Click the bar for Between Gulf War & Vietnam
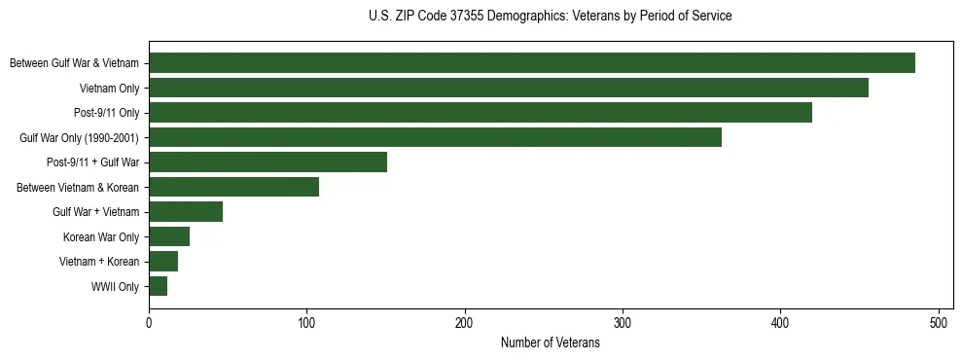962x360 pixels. point(532,63)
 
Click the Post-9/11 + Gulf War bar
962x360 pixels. point(267,162)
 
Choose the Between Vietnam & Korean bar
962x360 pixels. point(233,187)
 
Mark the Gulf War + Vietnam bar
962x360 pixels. point(186,212)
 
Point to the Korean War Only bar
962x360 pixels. point(169,236)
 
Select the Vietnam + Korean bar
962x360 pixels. point(163,262)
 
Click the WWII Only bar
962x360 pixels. point(158,286)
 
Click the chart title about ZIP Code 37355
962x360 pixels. point(551,17)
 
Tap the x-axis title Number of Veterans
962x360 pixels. point(551,343)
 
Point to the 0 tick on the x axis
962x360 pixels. point(149,323)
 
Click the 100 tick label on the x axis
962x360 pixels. point(306,323)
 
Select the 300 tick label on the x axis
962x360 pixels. point(623,323)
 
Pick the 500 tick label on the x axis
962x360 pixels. point(939,323)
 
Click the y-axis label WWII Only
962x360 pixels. point(115,287)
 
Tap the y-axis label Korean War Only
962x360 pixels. point(101,237)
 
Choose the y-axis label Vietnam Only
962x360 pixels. point(109,89)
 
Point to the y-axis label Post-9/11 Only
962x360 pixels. point(106,113)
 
